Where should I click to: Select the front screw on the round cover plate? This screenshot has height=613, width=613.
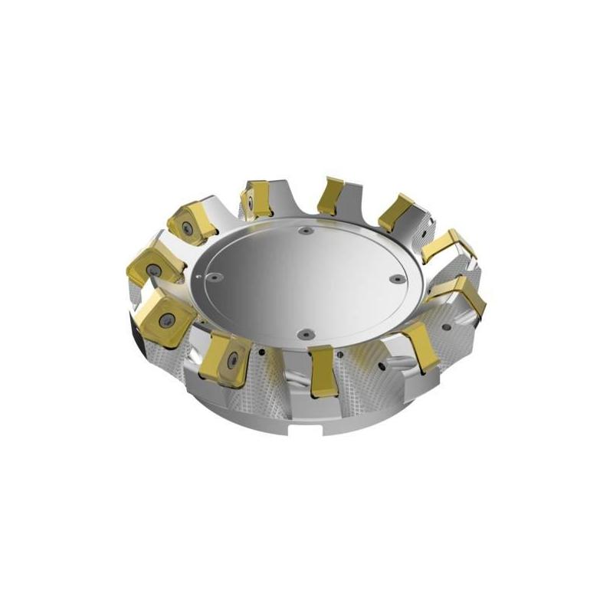(x=303, y=333)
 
